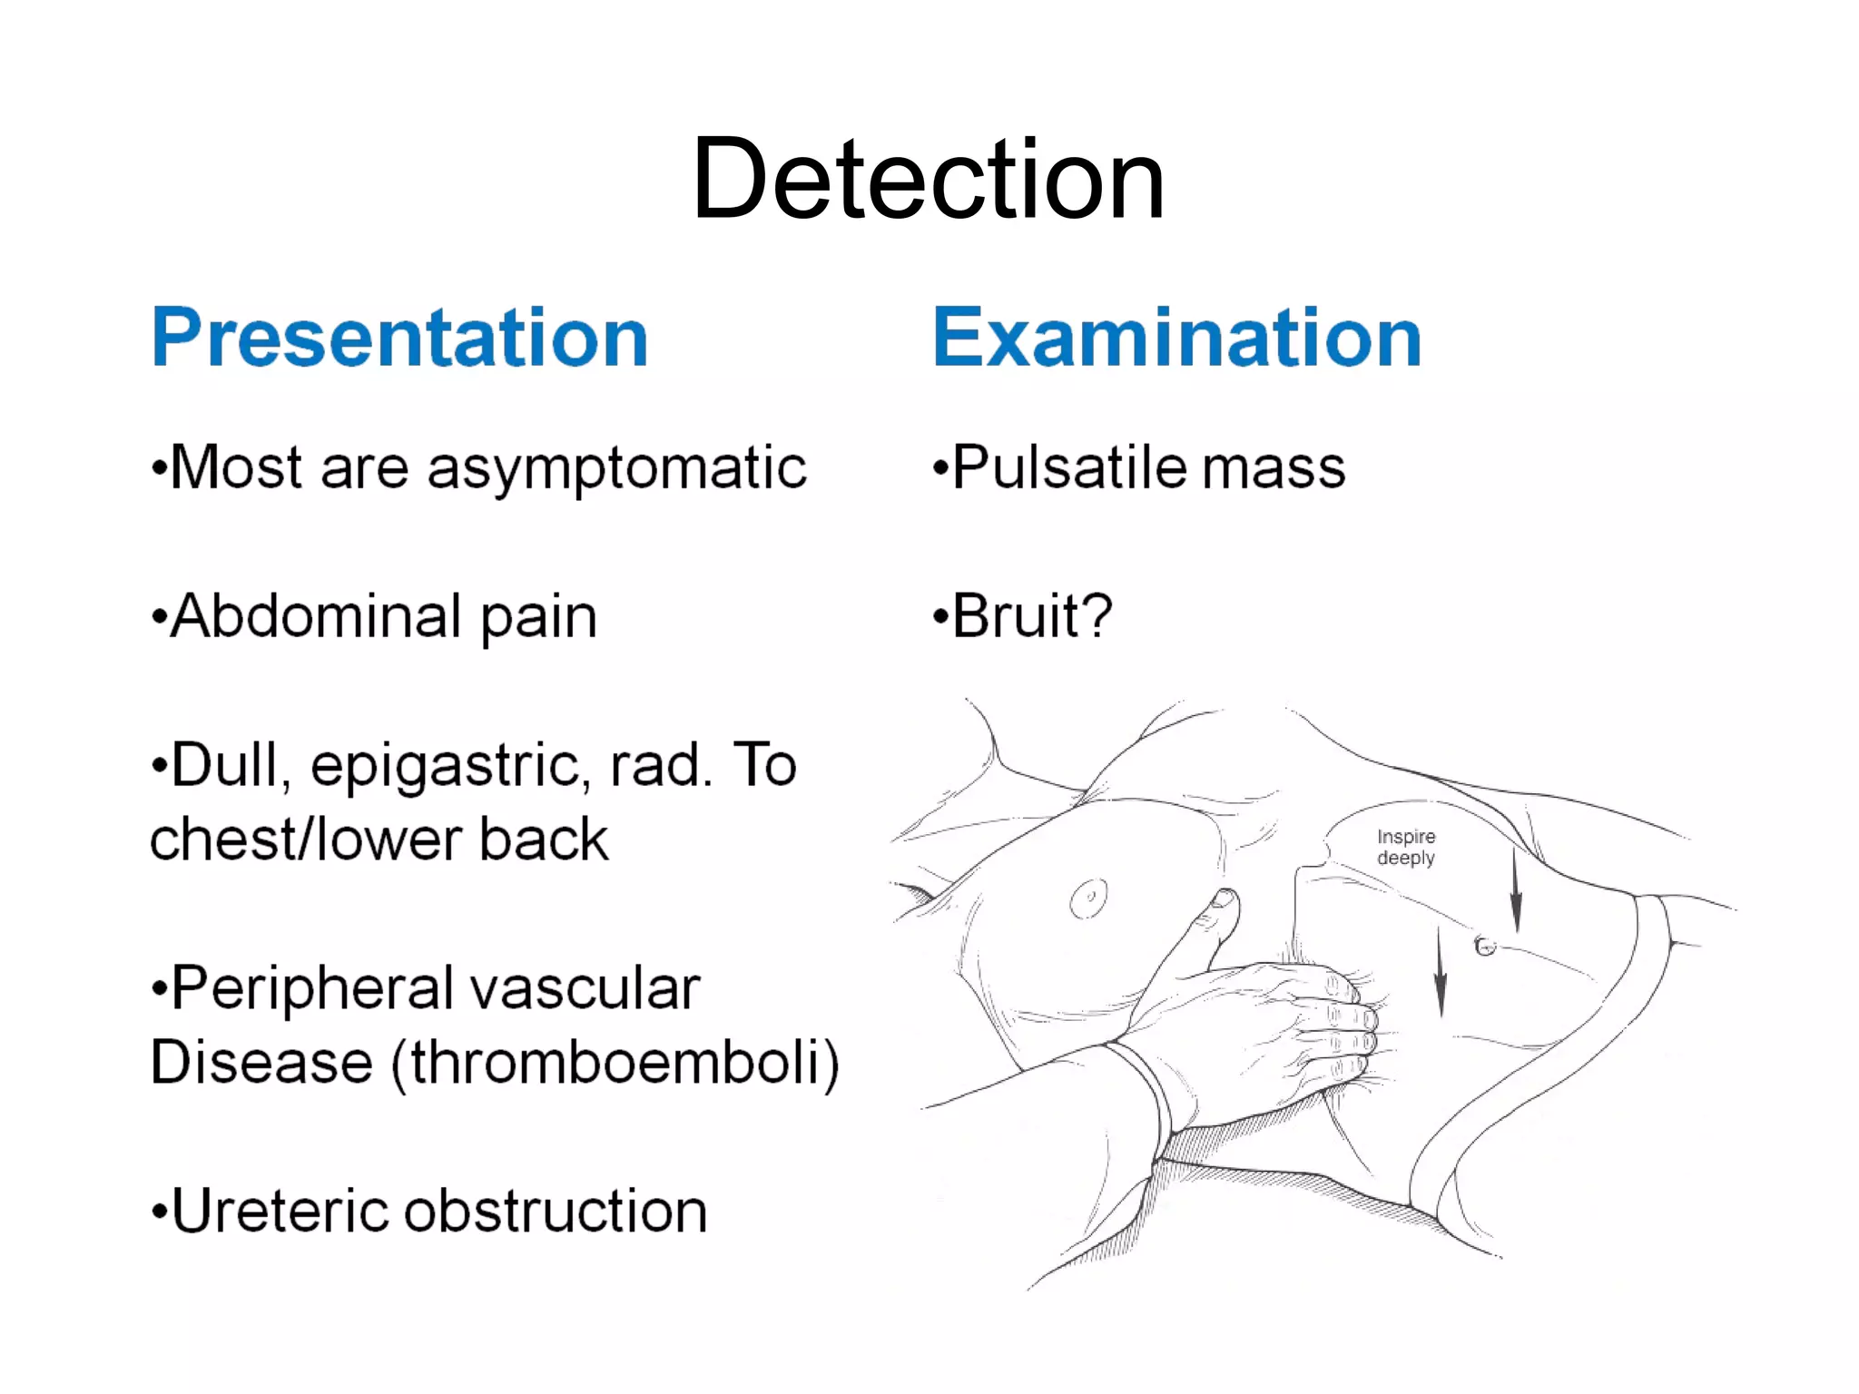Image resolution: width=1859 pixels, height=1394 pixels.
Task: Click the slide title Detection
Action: (928, 179)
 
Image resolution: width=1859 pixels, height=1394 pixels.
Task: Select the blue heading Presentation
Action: (399, 339)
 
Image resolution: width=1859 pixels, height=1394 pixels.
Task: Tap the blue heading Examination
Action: (1176, 339)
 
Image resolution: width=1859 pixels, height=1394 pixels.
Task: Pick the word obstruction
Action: (556, 1212)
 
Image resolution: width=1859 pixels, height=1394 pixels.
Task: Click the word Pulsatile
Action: (1069, 468)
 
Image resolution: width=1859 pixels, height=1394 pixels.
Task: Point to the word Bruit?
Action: (1032, 616)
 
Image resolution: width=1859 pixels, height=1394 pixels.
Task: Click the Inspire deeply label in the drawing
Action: (1405, 847)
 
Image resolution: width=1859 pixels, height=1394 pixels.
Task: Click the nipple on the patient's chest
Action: (1087, 898)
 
